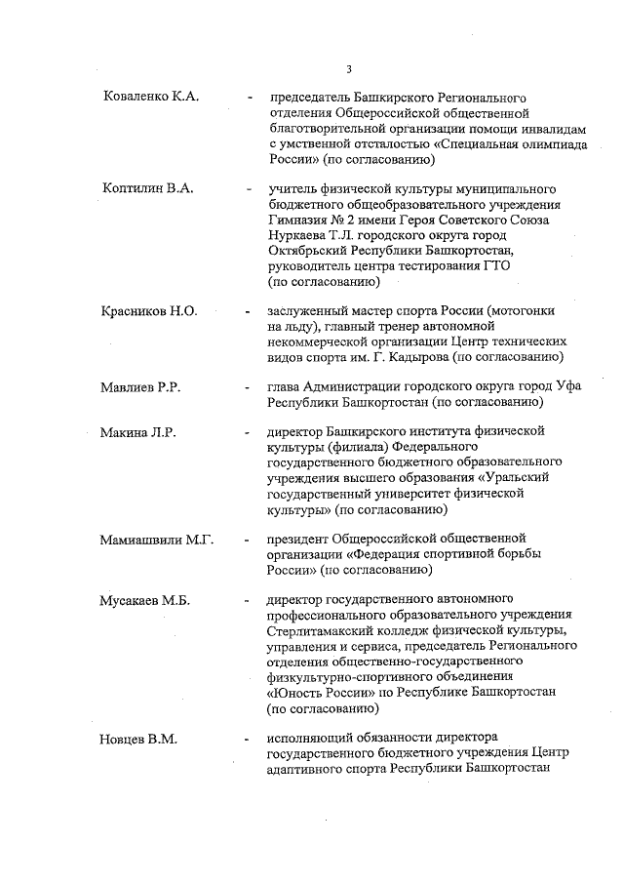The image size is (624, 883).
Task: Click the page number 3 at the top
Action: pyautogui.click(x=348, y=68)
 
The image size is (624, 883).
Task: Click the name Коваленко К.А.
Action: pyautogui.click(x=151, y=98)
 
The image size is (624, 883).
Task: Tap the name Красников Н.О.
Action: pyautogui.click(x=149, y=311)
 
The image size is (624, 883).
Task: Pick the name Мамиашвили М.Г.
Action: pyautogui.click(x=158, y=540)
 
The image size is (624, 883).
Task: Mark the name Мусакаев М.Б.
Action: pyautogui.click(x=147, y=600)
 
